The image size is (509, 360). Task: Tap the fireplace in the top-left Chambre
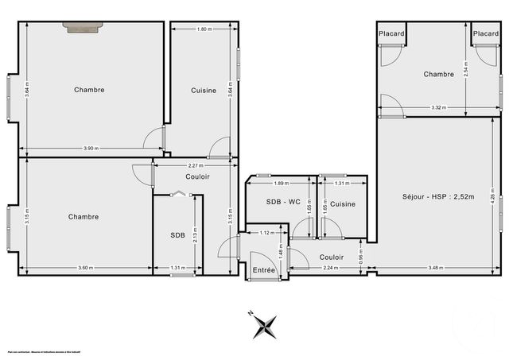[x=82, y=27]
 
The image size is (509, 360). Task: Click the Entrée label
[x=264, y=270]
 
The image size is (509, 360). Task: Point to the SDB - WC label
[x=282, y=204]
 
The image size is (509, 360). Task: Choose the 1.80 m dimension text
[x=203, y=29]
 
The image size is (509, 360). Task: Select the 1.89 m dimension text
[x=280, y=183]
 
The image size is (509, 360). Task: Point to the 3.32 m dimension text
[x=437, y=107]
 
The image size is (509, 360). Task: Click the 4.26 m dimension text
[x=493, y=196]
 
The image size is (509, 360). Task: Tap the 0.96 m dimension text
[x=360, y=257]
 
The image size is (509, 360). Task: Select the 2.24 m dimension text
[x=330, y=268]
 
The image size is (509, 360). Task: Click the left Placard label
[x=391, y=33]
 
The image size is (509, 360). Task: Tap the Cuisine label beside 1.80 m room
[x=204, y=90]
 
